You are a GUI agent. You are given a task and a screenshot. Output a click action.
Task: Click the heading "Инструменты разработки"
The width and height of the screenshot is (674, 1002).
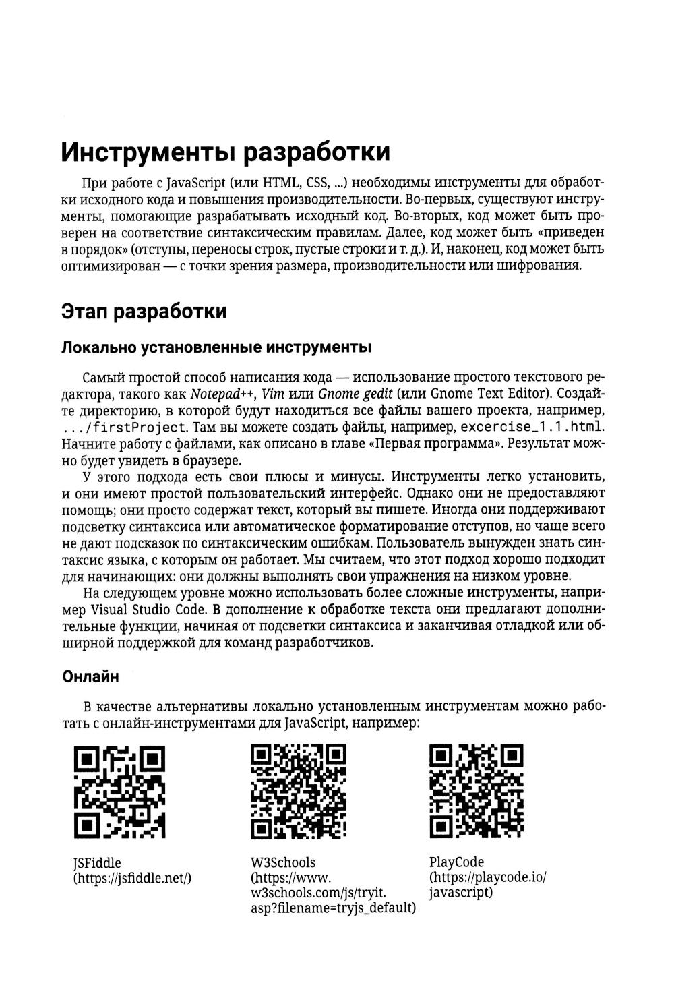pyautogui.click(x=226, y=152)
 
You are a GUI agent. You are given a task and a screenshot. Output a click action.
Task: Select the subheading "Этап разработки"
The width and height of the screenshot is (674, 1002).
pyautogui.click(x=144, y=312)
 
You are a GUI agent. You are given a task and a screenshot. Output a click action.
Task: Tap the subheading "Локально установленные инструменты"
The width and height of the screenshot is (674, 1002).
pyautogui.click(x=216, y=348)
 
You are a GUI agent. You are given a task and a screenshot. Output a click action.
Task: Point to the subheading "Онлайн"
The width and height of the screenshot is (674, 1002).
pyautogui.click(x=90, y=676)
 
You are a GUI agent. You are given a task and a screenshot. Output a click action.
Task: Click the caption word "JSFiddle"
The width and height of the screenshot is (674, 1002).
pyautogui.click(x=97, y=863)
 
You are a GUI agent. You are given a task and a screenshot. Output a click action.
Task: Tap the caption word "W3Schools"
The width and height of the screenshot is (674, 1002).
pyautogui.click(x=282, y=862)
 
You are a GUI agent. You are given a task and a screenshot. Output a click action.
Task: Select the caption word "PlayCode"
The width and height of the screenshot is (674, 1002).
pyautogui.click(x=456, y=862)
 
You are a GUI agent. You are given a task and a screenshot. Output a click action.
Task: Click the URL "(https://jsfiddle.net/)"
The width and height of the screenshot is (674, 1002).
pyautogui.click(x=132, y=878)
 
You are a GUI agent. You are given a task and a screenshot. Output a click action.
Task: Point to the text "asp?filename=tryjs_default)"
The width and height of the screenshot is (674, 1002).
pyautogui.click(x=332, y=908)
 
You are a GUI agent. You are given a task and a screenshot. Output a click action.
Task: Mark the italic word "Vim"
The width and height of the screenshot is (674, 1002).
pyautogui.click(x=272, y=394)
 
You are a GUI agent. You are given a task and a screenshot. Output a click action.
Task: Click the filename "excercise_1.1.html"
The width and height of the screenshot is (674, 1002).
pyautogui.click(x=531, y=428)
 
